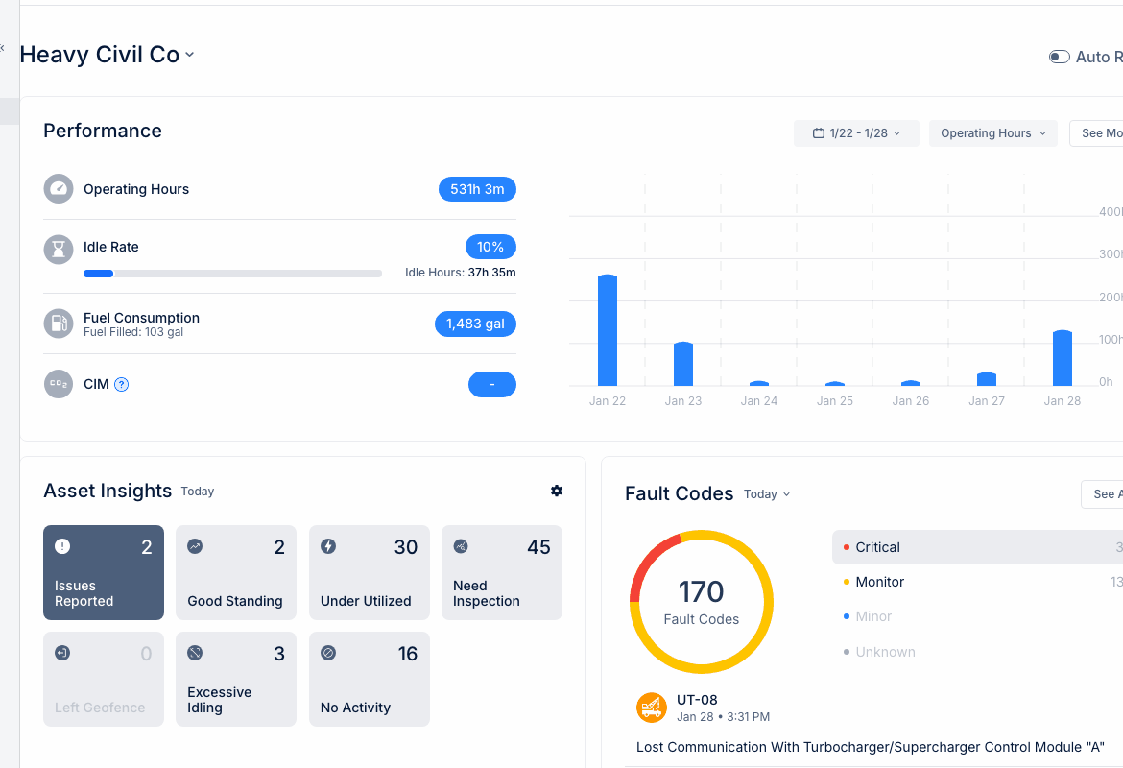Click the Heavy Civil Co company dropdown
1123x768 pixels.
tap(107, 55)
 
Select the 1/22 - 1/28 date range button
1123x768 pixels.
tap(856, 133)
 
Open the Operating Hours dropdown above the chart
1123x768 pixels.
tap(992, 133)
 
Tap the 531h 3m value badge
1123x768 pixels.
tap(477, 189)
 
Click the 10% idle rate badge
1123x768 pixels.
tap(490, 247)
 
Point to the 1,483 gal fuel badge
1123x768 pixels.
tap(475, 324)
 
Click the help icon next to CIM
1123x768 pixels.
tap(122, 385)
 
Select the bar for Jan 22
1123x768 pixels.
tap(607, 330)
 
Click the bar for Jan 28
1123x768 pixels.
tap(1062, 358)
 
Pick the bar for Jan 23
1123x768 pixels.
tap(682, 364)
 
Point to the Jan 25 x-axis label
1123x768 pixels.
tap(834, 401)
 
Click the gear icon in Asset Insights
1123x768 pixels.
tap(557, 491)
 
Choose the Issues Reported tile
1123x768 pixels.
tap(104, 572)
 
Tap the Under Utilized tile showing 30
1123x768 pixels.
tap(370, 572)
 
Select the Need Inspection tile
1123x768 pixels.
tap(502, 572)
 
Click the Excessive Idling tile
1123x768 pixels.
tap(236, 679)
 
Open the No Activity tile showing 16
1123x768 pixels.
tap(370, 679)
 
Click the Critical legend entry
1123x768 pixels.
tap(877, 547)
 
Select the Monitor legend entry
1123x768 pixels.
tap(879, 582)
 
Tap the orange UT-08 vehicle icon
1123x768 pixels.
tap(652, 708)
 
